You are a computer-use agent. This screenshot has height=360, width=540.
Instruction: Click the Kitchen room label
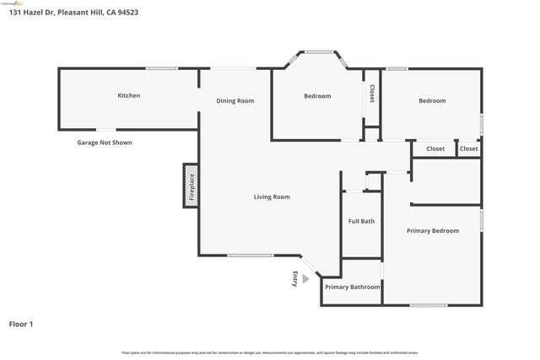(128, 96)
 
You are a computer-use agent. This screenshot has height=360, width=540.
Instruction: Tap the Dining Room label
(235, 101)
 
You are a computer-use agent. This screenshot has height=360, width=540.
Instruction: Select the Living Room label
(272, 197)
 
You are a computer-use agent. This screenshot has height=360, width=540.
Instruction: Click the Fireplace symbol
(191, 185)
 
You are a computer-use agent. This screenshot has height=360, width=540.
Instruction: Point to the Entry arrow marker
(305, 278)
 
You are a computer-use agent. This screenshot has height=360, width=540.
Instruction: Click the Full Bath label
(361, 222)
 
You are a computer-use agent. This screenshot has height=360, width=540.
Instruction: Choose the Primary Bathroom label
(352, 287)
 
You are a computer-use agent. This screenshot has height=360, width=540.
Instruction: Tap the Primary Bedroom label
(432, 231)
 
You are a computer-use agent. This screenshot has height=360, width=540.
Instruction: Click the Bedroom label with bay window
(317, 96)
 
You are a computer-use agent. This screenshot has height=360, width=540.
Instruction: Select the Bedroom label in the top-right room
(432, 101)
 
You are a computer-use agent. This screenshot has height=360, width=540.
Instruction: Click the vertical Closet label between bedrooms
(371, 94)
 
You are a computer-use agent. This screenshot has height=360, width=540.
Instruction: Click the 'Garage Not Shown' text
(105, 143)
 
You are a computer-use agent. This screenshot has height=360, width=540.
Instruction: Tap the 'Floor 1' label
(20, 324)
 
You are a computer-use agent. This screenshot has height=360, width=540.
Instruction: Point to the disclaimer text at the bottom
(269, 352)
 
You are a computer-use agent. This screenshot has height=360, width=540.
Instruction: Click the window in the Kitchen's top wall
(161, 68)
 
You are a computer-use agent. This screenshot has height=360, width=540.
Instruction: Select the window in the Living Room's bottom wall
(250, 255)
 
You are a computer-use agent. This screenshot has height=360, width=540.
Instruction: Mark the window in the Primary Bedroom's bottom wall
(429, 305)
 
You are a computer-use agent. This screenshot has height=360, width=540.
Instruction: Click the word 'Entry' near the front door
(294, 278)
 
